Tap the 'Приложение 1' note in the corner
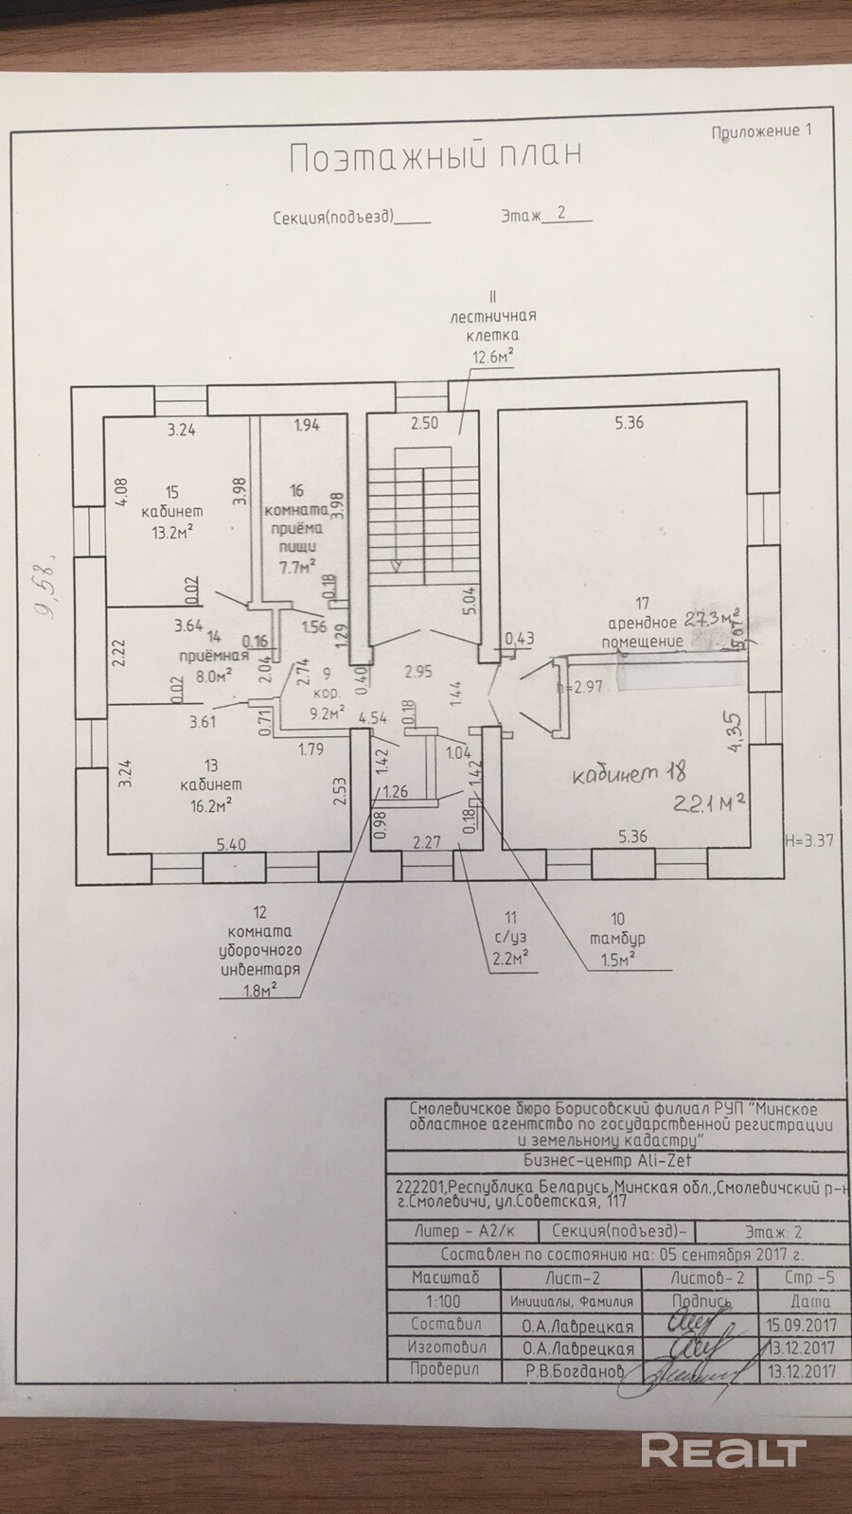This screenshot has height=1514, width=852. click(x=761, y=132)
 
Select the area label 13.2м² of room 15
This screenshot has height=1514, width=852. click(x=172, y=532)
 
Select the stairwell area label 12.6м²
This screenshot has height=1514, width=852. click(x=493, y=356)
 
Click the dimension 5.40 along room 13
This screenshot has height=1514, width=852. click(x=231, y=844)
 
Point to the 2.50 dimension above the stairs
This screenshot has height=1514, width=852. click(x=424, y=423)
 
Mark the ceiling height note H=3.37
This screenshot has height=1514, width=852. click(x=808, y=839)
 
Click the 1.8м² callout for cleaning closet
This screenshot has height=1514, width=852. click(x=259, y=990)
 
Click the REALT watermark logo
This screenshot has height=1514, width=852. click(x=723, y=1451)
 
